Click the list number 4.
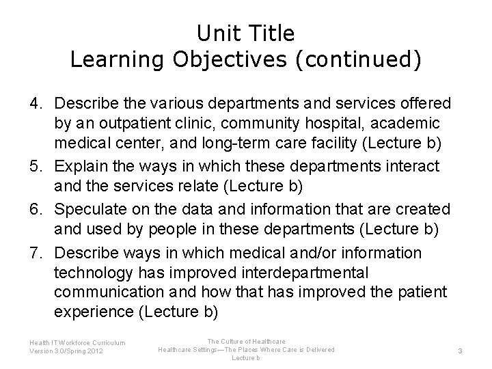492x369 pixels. [36, 103]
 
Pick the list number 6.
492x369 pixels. [36, 208]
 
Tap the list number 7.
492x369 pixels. [36, 253]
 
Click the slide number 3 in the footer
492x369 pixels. [460, 351]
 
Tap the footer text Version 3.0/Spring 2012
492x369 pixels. [67, 351]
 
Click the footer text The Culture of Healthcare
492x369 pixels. [245, 341]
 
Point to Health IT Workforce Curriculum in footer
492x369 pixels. [77, 342]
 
